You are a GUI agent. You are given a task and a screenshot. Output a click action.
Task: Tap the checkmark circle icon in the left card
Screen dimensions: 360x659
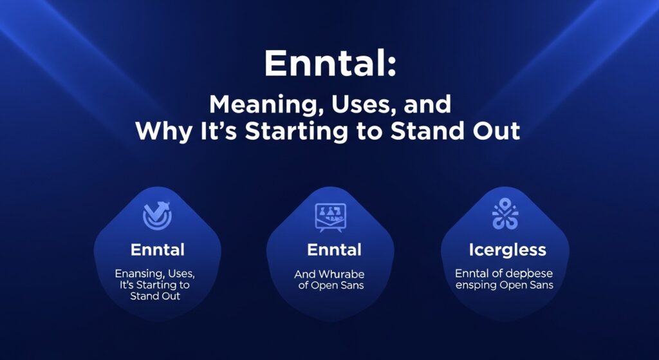tap(157, 216)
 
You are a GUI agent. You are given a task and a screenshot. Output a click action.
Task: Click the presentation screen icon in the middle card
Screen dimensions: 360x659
tap(329, 217)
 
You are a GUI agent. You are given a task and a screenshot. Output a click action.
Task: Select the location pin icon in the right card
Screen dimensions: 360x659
tap(505, 216)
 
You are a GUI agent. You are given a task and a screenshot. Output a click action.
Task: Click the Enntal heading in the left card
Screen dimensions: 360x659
tap(157, 249)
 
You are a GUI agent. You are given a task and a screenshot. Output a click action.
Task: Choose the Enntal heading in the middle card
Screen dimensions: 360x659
tap(334, 249)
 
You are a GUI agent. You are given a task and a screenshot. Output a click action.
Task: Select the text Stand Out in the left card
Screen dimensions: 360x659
tap(155, 296)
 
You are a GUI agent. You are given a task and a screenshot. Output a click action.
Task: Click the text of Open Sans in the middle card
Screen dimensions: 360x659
tap(331, 285)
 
